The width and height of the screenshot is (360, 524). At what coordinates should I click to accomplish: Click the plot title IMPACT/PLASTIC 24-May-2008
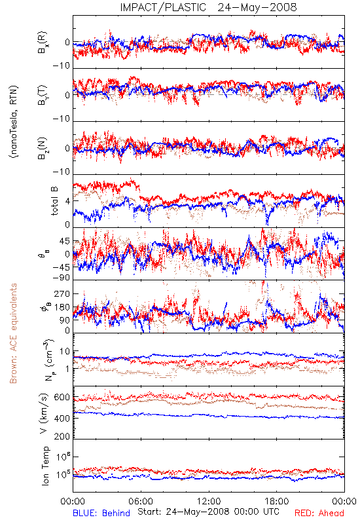(208, 7)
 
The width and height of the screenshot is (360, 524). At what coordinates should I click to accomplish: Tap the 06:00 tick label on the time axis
(141, 501)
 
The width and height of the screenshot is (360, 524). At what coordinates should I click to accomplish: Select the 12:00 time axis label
(209, 501)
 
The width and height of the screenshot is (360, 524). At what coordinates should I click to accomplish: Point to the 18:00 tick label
(277, 501)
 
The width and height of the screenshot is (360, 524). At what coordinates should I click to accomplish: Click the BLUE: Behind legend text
(101, 513)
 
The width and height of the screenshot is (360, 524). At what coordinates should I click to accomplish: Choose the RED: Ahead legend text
(319, 513)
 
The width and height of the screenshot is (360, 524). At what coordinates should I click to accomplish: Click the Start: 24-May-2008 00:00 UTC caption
(208, 512)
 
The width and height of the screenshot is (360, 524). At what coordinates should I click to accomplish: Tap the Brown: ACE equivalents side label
(13, 333)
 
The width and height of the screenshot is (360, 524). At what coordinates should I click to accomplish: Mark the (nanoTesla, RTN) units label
(14, 122)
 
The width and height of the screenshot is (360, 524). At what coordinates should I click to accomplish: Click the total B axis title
(54, 200)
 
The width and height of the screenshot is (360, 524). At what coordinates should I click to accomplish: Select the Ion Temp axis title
(45, 466)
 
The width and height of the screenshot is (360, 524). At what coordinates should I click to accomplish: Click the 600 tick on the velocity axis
(62, 397)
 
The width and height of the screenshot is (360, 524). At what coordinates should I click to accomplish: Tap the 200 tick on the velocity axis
(62, 436)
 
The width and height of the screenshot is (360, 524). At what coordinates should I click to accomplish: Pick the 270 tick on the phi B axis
(63, 293)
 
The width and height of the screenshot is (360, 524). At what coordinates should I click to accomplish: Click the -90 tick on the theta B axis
(62, 277)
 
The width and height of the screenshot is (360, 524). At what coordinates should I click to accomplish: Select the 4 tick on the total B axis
(67, 201)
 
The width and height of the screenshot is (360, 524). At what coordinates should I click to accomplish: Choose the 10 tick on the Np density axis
(65, 352)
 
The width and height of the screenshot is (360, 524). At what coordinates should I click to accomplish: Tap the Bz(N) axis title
(43, 148)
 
